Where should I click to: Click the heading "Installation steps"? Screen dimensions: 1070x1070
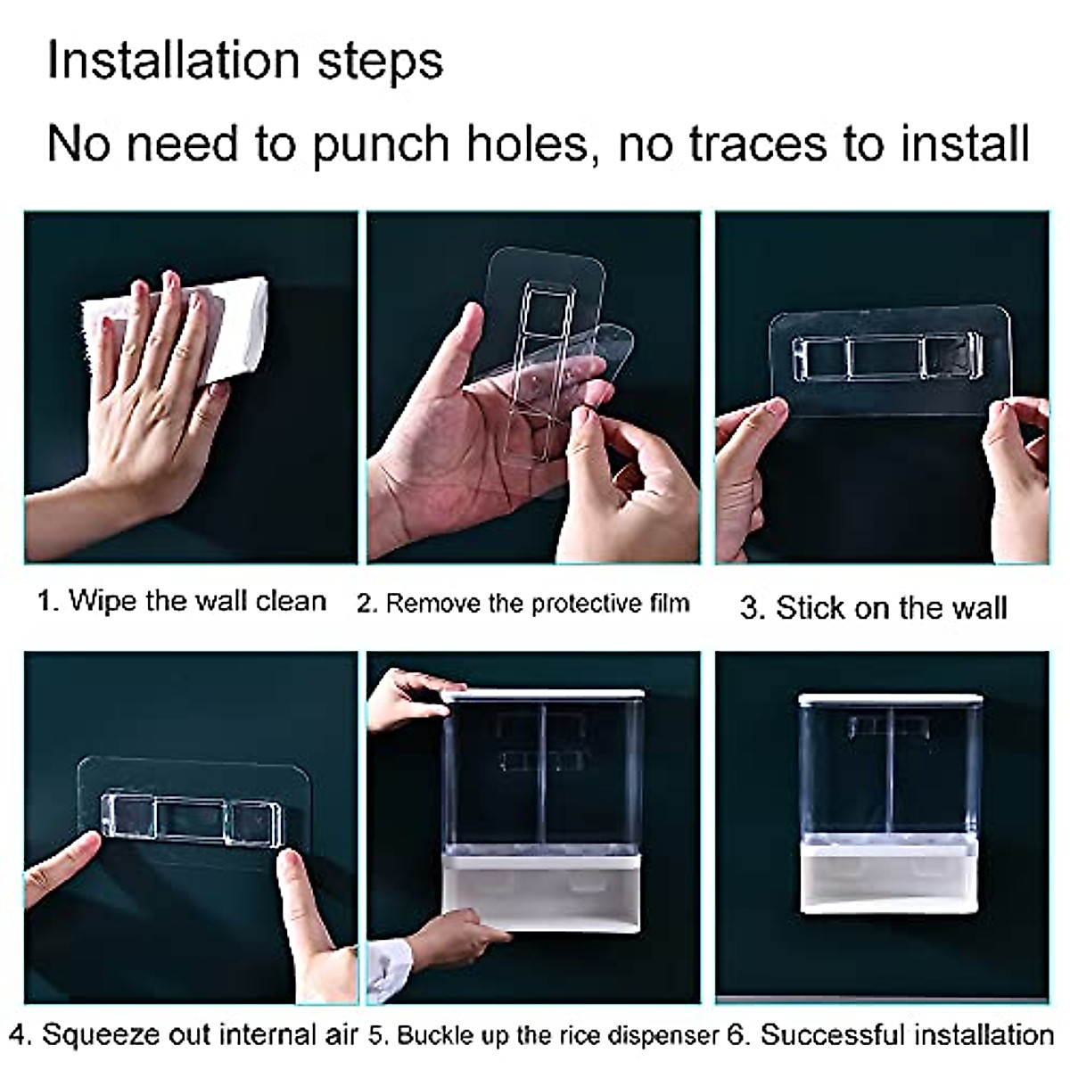pos(245,62)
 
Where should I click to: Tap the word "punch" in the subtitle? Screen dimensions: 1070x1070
pos(381,144)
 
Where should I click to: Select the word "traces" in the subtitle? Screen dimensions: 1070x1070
pos(759,144)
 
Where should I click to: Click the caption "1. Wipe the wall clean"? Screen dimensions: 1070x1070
pos(182,602)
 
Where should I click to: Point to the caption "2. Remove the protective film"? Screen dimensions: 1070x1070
pos(523,604)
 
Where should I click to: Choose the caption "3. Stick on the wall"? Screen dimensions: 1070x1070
pos(874,607)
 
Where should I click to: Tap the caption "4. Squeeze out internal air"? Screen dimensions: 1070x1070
pos(183,1034)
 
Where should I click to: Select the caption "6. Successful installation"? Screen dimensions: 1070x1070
pos(890,1034)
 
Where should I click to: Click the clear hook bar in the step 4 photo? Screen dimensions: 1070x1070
pos(191,819)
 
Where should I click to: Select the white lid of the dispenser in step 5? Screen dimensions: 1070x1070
pos(542,695)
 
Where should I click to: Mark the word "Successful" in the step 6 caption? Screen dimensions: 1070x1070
pos(832,1034)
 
